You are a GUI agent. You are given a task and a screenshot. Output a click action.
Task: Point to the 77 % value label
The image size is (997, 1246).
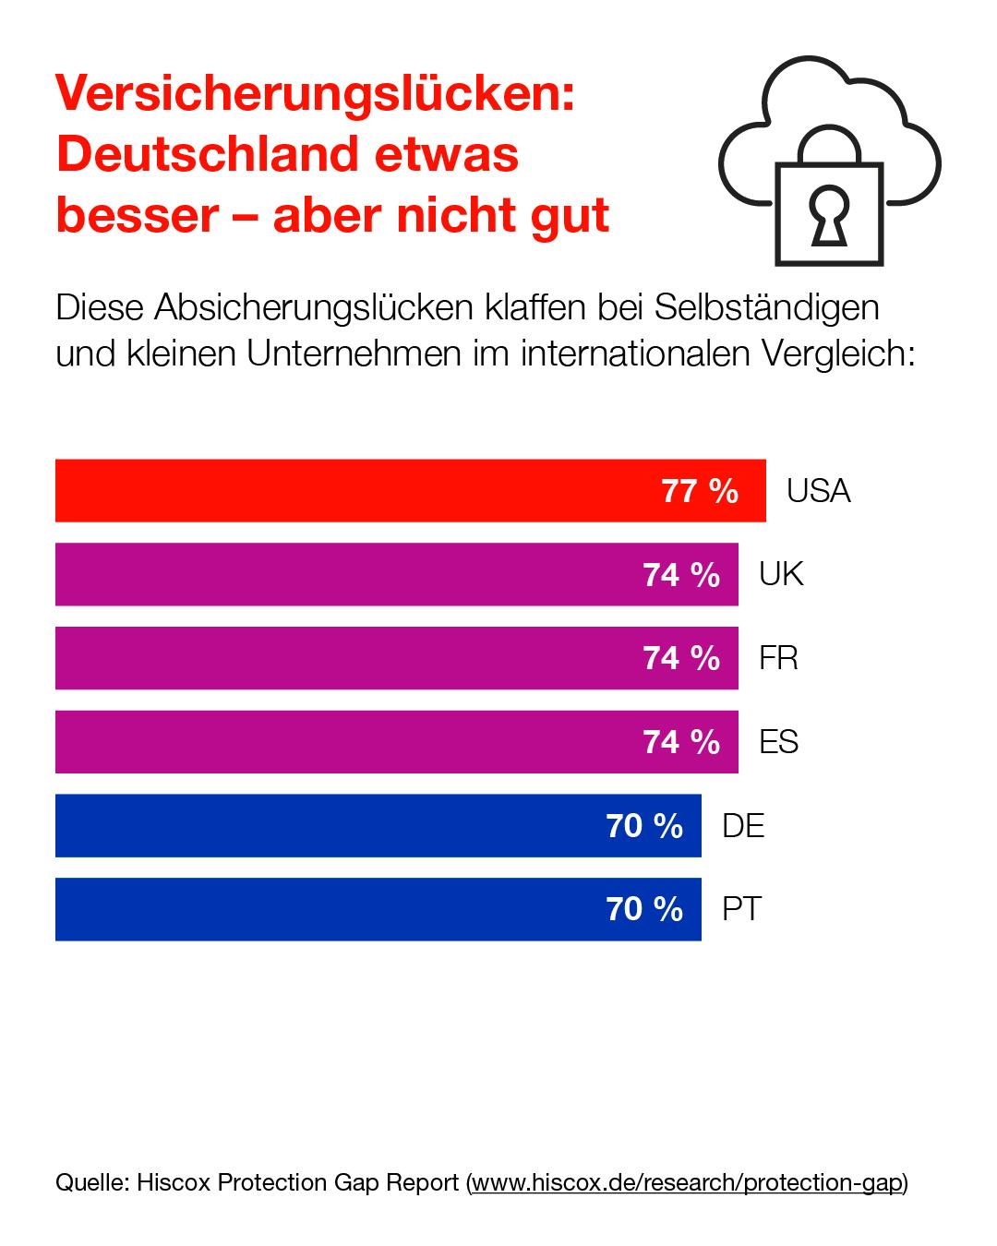(700, 491)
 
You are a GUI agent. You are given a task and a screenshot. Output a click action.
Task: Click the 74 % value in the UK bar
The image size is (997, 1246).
(681, 575)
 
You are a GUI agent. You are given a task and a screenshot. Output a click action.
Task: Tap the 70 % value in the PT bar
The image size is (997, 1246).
(644, 910)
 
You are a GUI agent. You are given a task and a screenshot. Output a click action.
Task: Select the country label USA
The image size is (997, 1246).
(818, 491)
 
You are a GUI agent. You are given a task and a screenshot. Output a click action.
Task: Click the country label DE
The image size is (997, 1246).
(743, 826)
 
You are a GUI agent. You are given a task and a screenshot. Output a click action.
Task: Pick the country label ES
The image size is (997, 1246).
(778, 742)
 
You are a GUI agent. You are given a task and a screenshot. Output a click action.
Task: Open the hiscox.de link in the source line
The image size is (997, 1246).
(687, 1182)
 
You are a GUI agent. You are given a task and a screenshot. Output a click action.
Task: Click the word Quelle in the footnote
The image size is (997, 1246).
(91, 1182)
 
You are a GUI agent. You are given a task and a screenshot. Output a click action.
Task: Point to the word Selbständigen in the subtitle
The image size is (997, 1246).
(766, 308)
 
